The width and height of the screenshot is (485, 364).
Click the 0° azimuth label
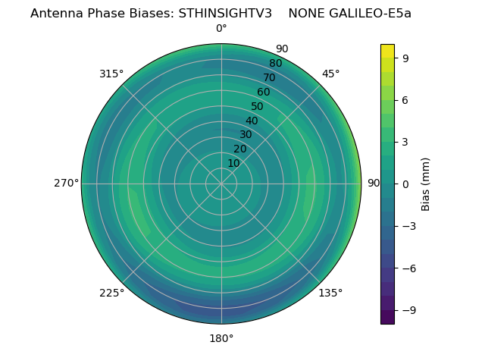click(x=221, y=29)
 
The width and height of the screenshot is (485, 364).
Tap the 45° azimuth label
click(x=330, y=74)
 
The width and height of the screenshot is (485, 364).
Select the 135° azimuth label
click(x=330, y=293)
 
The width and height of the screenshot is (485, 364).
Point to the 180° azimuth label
click(x=221, y=338)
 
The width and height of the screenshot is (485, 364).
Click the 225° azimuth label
click(x=111, y=293)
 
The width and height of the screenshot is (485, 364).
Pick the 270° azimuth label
click(x=67, y=184)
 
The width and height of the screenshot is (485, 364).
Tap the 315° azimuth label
click(x=111, y=74)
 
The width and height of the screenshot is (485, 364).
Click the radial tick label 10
click(x=233, y=163)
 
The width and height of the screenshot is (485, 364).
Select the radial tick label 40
click(x=252, y=121)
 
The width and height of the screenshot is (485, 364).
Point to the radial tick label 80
click(x=275, y=64)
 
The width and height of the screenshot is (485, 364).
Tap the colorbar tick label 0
click(x=405, y=184)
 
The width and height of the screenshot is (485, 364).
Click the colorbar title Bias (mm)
click(x=426, y=184)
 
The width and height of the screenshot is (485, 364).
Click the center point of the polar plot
click(x=221, y=184)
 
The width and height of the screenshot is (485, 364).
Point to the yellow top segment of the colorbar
click(x=387, y=51)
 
